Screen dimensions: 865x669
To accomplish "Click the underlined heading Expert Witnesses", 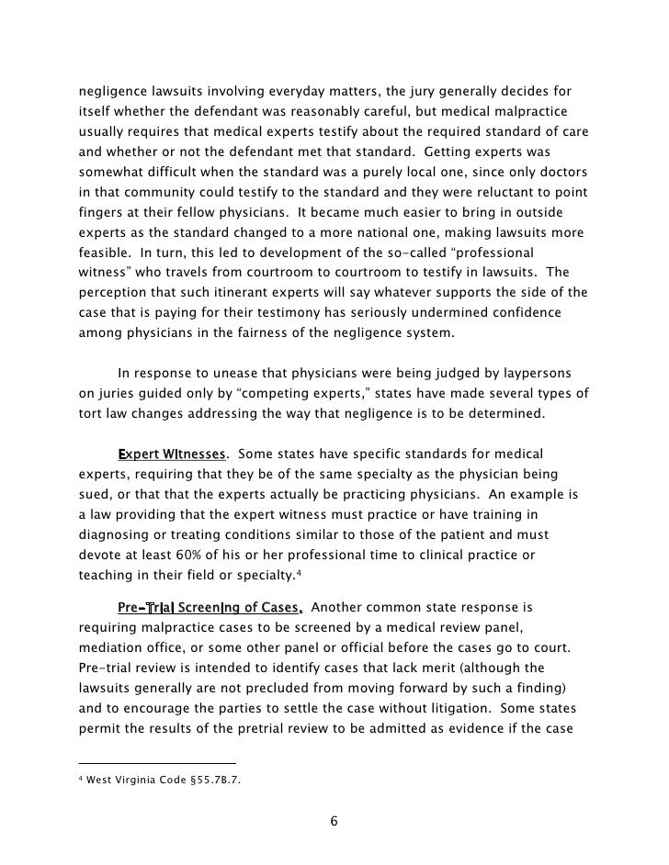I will tap(172, 455).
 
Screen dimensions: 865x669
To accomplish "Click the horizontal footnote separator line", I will tap(156, 763).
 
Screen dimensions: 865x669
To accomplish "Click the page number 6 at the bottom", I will tap(334, 819).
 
